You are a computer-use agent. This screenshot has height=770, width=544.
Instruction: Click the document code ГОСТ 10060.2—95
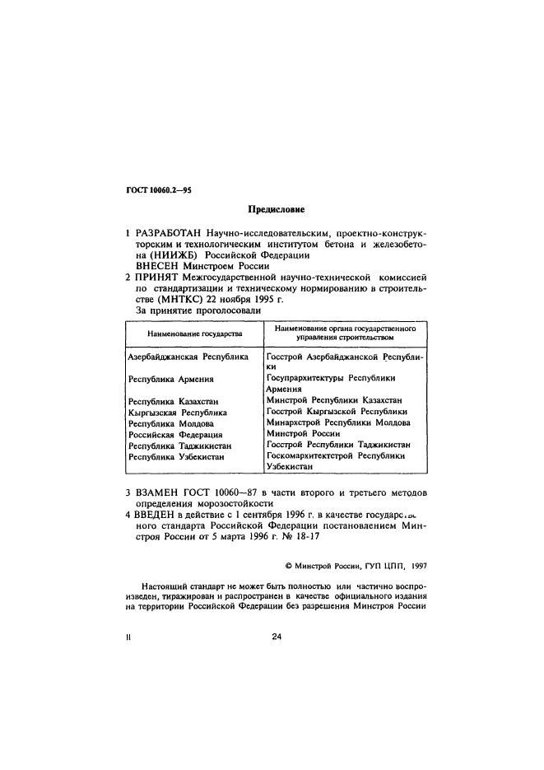point(156,190)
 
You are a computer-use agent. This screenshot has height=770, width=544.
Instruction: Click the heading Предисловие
point(272,212)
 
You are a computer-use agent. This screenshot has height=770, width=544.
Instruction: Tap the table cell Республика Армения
point(171,379)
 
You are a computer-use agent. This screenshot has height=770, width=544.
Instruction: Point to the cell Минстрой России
point(302,433)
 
